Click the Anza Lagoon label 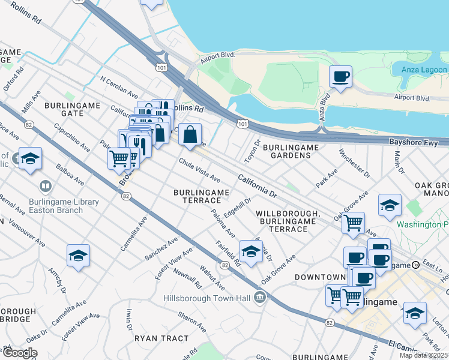423,70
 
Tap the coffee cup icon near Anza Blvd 340,77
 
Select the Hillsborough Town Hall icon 260,296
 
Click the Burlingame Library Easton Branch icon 45,187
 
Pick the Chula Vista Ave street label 199,171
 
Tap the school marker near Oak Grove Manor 390,205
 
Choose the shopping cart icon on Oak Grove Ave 353,223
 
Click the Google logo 20,353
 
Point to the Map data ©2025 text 423,355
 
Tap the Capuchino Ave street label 72,137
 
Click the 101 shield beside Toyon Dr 241,124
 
